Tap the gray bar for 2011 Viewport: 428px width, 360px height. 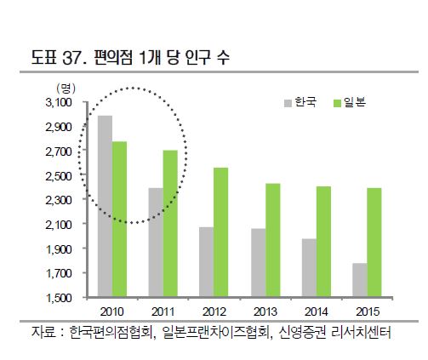(156, 243)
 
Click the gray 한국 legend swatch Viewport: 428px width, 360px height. (287, 104)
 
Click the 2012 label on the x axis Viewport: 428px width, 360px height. (214, 311)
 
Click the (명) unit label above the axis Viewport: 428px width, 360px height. (66, 88)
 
